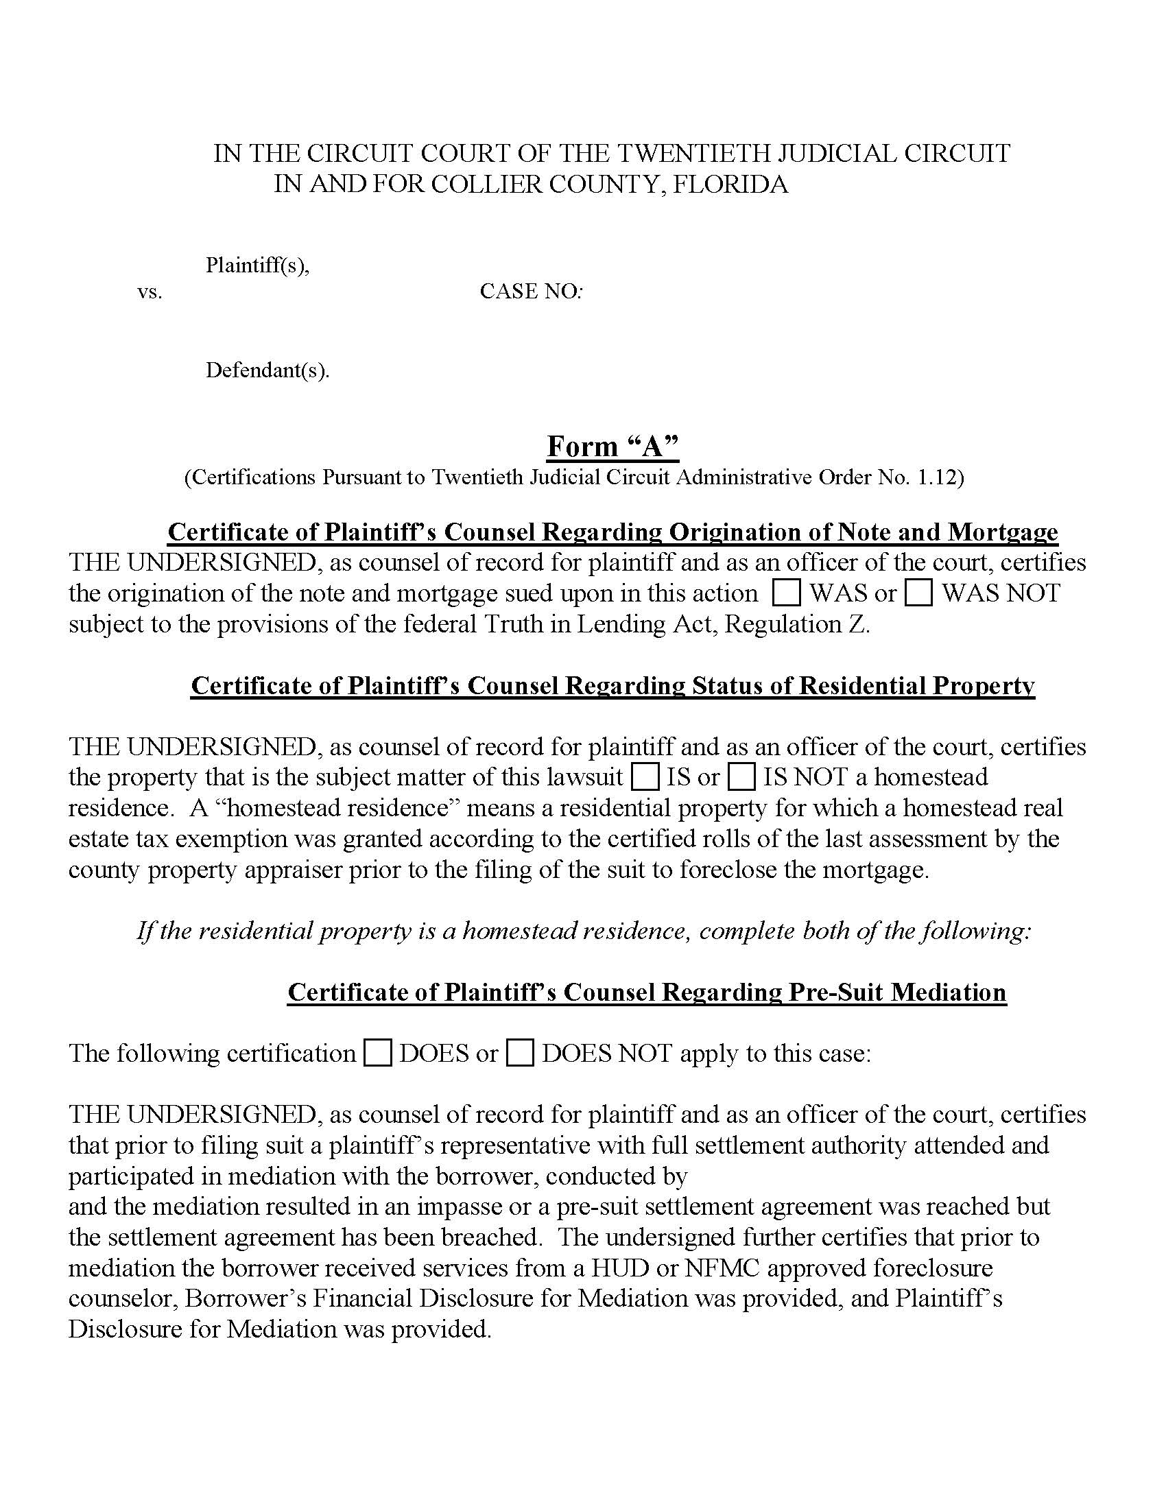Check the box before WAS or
point(786,593)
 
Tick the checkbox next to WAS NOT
point(918,593)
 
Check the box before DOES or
point(378,1053)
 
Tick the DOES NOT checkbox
point(520,1053)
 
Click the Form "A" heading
point(612,447)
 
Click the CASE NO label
point(530,292)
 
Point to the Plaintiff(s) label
point(257,265)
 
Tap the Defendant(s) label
point(267,371)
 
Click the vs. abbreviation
point(150,292)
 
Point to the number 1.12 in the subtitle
point(937,477)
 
